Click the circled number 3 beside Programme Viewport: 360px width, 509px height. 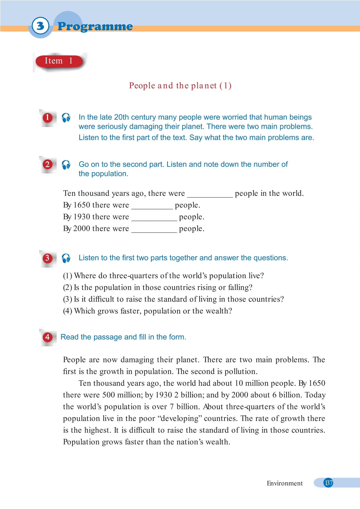click(x=40, y=26)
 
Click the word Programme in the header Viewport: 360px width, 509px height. click(x=95, y=27)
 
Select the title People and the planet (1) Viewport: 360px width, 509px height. click(x=180, y=86)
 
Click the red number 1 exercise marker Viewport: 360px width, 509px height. click(x=48, y=118)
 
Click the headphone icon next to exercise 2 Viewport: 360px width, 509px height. click(x=66, y=165)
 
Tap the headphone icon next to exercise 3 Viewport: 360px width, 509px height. click(x=66, y=258)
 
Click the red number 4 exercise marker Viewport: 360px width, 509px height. click(x=48, y=337)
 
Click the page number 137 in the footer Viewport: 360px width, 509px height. click(x=329, y=483)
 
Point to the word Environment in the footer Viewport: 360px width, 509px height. click(x=285, y=483)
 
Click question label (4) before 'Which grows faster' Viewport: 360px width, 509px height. click(x=68, y=311)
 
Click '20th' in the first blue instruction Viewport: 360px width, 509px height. click(x=121, y=117)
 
